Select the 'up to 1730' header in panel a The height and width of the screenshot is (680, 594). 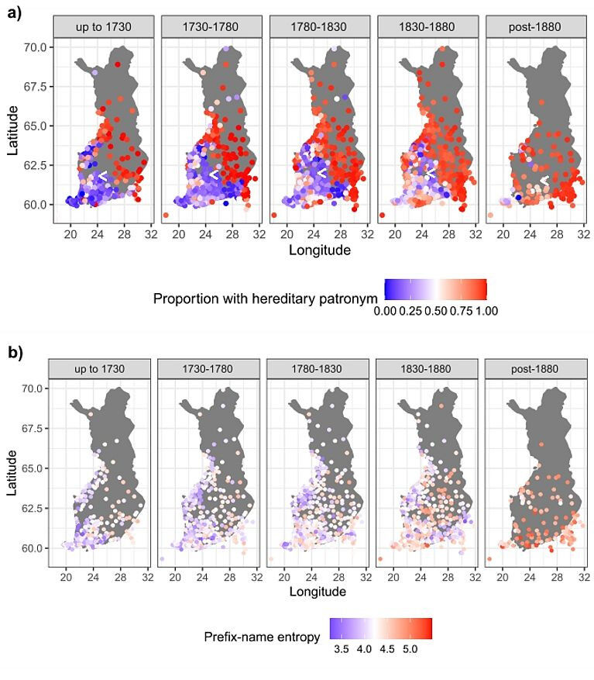point(101,27)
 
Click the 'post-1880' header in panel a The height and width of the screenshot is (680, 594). point(534,27)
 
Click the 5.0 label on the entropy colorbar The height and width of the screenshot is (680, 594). point(410,650)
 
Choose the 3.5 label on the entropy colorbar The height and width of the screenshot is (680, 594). point(342,650)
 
